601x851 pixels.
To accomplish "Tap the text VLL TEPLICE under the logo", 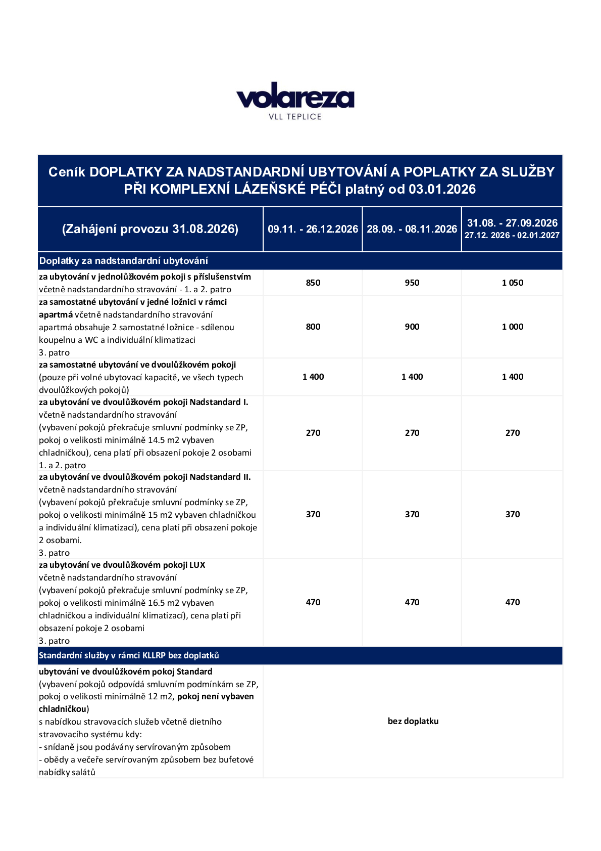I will pyautogui.click(x=295, y=117).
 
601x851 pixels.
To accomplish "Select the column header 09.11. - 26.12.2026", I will pyautogui.click(x=313, y=229).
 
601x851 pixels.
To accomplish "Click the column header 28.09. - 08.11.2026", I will pyautogui.click(x=412, y=229).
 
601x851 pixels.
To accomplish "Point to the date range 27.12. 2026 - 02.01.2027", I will pyautogui.click(x=512, y=236).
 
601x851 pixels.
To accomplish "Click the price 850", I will pyautogui.click(x=313, y=283).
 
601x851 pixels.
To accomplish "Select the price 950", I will pyautogui.click(x=412, y=283).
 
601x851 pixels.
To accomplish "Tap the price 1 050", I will pyautogui.click(x=512, y=283).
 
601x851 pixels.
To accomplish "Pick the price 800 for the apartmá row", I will pyautogui.click(x=313, y=327).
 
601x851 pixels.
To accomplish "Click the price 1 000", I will pyautogui.click(x=512, y=327).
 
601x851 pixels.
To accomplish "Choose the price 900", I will pyautogui.click(x=412, y=327).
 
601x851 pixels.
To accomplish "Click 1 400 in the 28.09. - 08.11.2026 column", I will pyautogui.click(x=412, y=377).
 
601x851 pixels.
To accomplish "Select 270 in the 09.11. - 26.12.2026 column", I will pyautogui.click(x=313, y=433).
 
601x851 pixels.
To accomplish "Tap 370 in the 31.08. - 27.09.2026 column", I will pyautogui.click(x=512, y=514).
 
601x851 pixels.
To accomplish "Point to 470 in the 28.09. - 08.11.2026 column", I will pyautogui.click(x=412, y=602).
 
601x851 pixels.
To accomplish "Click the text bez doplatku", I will pyautogui.click(x=413, y=721).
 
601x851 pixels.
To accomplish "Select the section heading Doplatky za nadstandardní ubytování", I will pyautogui.click(x=124, y=261).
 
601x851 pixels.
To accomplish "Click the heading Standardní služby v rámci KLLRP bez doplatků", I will pyautogui.click(x=129, y=655).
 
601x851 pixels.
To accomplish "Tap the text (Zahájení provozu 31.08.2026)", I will pyautogui.click(x=150, y=229).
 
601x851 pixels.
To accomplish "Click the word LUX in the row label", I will pyautogui.click(x=197, y=565).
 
